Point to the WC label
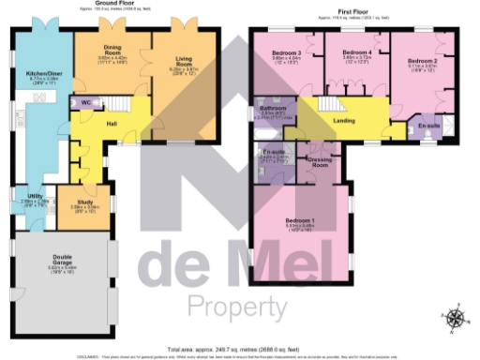click(85, 101)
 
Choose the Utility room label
click(23, 195)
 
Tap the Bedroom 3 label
click(286, 53)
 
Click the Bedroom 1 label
click(300, 221)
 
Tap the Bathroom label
click(273, 110)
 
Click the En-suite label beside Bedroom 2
click(429, 124)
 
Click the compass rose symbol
click(455, 319)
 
